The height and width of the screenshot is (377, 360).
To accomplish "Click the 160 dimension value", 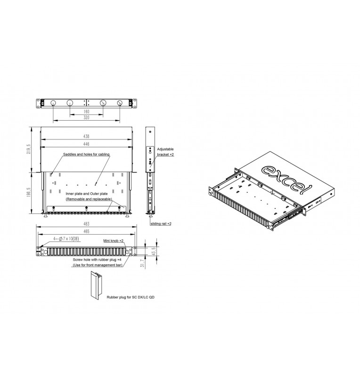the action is tap(86, 112).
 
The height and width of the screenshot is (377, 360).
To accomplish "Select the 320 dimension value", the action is tap(86, 117).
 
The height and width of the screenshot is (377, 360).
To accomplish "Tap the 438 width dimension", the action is tap(86, 136).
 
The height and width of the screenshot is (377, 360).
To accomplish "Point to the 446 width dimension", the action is tap(86, 144).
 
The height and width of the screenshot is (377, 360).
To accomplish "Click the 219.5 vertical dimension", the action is tap(29, 149).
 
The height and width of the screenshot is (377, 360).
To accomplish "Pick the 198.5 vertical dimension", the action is tap(29, 192).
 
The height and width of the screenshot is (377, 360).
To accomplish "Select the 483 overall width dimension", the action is tap(86, 224).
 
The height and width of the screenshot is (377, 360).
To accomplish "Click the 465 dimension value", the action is tap(86, 231).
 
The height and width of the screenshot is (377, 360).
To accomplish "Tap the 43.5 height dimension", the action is tap(154, 251).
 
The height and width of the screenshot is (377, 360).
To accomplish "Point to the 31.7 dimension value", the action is tap(142, 264).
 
